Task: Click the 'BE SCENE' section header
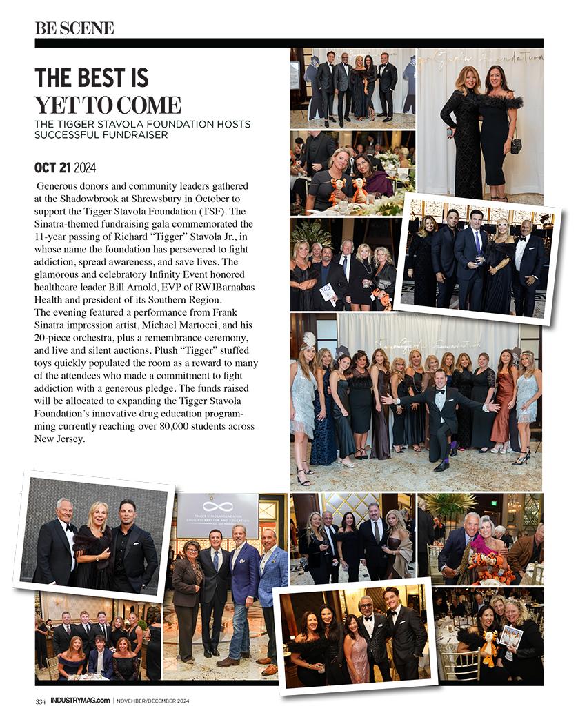74,28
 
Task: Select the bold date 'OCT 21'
53,168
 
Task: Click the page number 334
41,701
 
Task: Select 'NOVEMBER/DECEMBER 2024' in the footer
152,701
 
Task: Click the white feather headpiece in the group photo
309,339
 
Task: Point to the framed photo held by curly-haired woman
510,636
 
